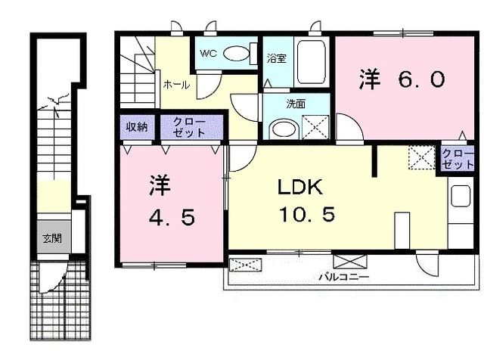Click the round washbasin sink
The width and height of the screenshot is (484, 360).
coord(284,129)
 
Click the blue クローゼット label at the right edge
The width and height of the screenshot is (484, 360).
coord(458,160)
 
